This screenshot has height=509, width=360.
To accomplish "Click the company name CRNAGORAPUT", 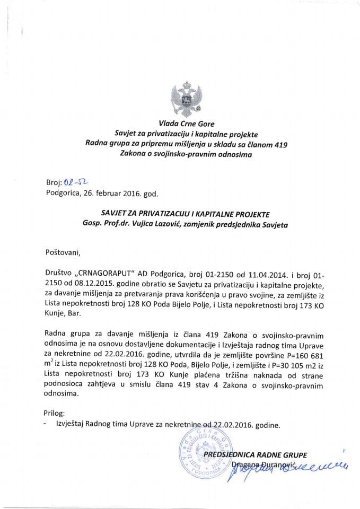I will [x=104, y=276].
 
